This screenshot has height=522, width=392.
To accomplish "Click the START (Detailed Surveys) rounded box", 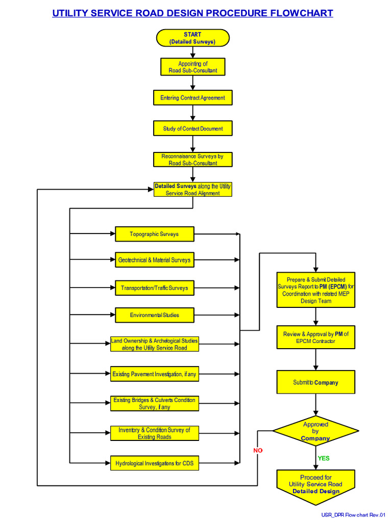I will (x=192, y=38).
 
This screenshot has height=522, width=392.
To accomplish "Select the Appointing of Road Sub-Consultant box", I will (x=192, y=67).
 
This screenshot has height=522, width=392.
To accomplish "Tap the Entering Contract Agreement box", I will (x=192, y=98).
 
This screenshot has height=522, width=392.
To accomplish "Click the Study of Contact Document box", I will (x=192, y=128).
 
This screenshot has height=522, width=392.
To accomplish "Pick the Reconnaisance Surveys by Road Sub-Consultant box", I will (x=192, y=160).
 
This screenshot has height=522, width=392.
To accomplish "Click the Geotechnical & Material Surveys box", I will (x=154, y=260).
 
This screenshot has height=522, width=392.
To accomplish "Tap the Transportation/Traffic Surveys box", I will (x=154, y=288).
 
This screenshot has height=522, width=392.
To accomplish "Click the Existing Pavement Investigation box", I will (x=154, y=374).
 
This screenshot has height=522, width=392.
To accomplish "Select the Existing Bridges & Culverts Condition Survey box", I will (x=154, y=403).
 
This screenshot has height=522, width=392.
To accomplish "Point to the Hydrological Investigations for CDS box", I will (x=154, y=463).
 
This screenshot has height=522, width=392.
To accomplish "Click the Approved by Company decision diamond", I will (x=315, y=431).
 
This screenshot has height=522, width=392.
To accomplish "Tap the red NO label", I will (x=258, y=451).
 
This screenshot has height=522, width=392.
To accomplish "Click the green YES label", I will (x=324, y=458).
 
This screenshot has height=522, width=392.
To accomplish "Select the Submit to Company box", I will (x=315, y=382).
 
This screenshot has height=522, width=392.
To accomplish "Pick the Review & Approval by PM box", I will (x=315, y=337).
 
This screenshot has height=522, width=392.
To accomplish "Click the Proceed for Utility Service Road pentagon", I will (x=315, y=485).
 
